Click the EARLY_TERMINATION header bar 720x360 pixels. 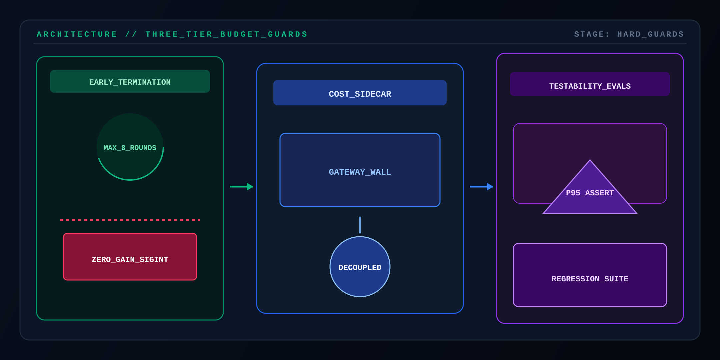click(x=130, y=81)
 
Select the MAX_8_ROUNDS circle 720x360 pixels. click(x=130, y=147)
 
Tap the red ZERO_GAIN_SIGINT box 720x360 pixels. click(x=130, y=257)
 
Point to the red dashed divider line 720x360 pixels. click(x=130, y=220)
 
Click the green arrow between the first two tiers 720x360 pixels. click(x=242, y=187)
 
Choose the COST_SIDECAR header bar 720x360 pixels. click(x=360, y=93)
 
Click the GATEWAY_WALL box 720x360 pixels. click(x=360, y=170)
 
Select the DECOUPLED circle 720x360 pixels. click(x=360, y=267)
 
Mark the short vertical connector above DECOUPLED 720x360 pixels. click(x=360, y=225)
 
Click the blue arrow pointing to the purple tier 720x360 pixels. click(x=482, y=187)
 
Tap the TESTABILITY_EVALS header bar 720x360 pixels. click(x=590, y=84)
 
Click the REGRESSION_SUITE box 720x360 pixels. click(x=590, y=275)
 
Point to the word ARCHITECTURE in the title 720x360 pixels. click(x=77, y=34)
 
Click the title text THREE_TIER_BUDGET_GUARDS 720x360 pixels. click(x=227, y=34)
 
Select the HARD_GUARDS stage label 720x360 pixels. click(x=651, y=34)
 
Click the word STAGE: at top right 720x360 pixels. click(x=592, y=34)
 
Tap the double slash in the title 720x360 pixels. click(x=131, y=34)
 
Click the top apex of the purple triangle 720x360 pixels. click(x=590, y=160)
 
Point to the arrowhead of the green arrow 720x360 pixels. click(x=250, y=187)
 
